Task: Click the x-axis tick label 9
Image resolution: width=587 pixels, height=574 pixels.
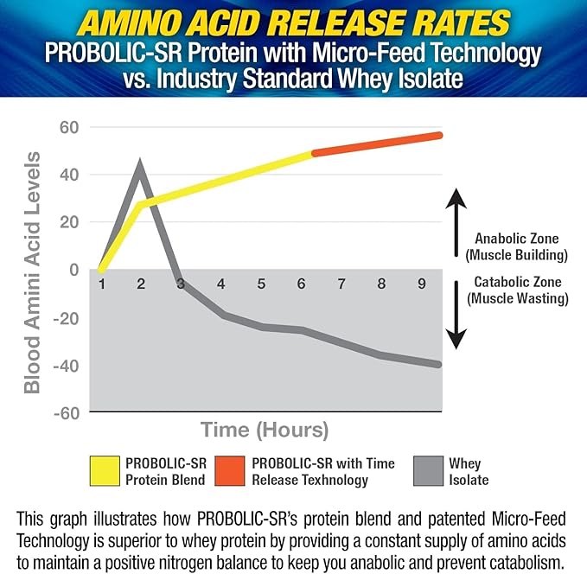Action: click(420, 284)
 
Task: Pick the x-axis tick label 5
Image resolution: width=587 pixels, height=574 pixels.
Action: click(260, 284)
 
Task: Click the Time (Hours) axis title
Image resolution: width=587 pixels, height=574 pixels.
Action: click(265, 429)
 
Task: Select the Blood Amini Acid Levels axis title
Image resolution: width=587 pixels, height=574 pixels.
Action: click(32, 272)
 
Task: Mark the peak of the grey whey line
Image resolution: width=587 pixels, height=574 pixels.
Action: click(140, 166)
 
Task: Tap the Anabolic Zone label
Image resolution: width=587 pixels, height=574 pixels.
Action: click(515, 246)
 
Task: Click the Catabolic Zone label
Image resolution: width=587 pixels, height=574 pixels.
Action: click(517, 290)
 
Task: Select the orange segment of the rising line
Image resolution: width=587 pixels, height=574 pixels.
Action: click(376, 144)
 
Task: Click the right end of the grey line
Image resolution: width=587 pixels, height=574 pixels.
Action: click(438, 364)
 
